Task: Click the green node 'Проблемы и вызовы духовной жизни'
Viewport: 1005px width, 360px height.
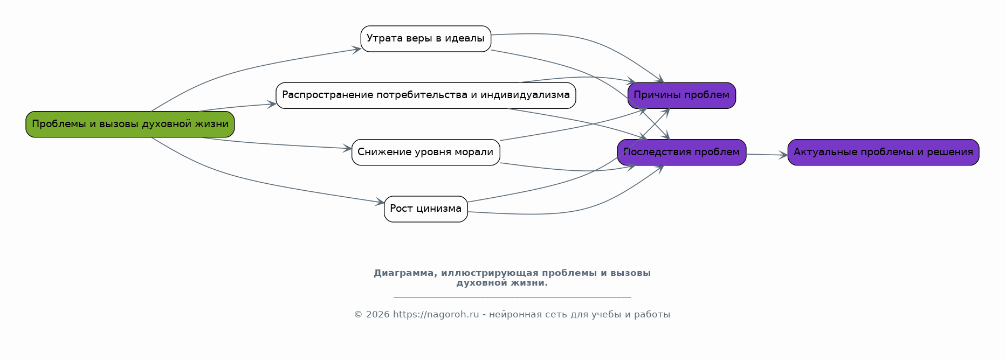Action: [130, 124]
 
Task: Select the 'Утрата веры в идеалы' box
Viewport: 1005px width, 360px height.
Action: [425, 39]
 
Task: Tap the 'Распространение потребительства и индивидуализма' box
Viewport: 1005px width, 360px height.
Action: [425, 95]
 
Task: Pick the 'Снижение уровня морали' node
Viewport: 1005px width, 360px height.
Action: [425, 153]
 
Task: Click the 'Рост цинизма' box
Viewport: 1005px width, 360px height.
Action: [425, 209]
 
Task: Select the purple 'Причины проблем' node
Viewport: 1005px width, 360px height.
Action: [682, 95]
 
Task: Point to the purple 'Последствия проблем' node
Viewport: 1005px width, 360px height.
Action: [682, 153]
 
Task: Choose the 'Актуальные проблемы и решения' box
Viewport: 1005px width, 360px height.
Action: [883, 153]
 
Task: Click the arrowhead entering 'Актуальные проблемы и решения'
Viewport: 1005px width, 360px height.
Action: [784, 155]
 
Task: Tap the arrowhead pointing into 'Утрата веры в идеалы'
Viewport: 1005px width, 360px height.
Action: [357, 50]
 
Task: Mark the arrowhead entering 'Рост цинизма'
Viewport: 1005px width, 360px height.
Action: [381, 203]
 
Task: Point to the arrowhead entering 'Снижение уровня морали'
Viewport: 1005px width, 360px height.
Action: [348, 148]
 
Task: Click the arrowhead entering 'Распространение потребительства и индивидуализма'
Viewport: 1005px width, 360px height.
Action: [272, 105]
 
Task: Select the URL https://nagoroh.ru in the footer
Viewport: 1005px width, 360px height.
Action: [436, 315]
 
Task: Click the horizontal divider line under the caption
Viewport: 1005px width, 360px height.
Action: [512, 297]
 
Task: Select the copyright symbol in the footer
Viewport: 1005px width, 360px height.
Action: [358, 315]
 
